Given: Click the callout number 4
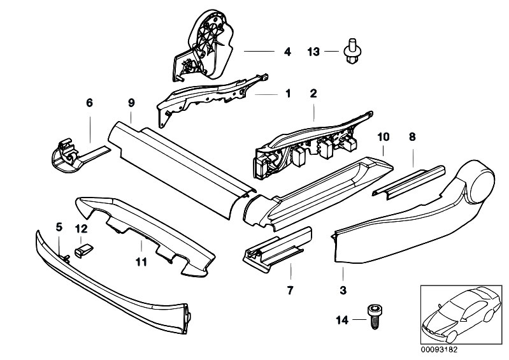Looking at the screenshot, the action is [x=287, y=52].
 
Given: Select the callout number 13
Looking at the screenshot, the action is [x=313, y=52].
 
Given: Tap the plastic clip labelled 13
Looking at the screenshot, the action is [x=352, y=51].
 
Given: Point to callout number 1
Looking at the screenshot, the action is [x=287, y=94].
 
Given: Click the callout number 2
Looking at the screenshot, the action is [x=313, y=94].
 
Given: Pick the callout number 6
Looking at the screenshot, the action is [x=89, y=103].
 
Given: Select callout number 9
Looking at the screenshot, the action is [x=131, y=103].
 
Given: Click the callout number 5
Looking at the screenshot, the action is [x=59, y=227].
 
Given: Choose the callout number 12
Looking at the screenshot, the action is [x=82, y=229].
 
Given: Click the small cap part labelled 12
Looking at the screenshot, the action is [x=84, y=250].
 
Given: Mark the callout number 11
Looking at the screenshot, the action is [x=141, y=262].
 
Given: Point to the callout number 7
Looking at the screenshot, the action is [x=290, y=290].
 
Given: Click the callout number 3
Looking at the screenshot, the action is [x=343, y=290].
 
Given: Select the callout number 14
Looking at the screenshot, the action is [x=342, y=320].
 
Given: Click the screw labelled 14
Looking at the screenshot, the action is [x=375, y=317].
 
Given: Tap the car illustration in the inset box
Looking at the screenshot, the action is [x=461, y=315].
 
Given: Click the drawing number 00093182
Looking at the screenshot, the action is [x=439, y=350].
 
